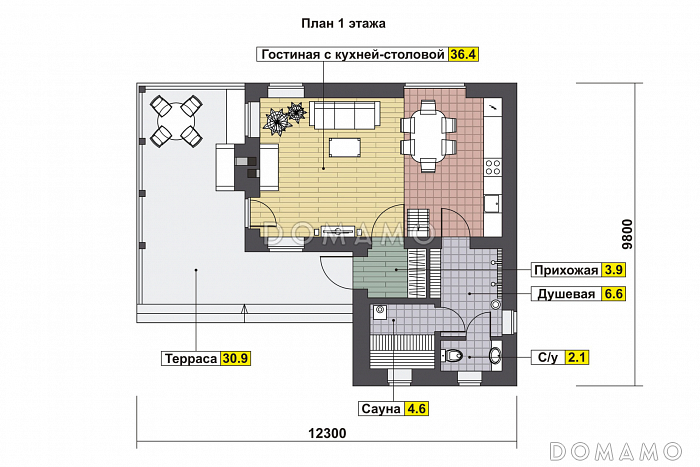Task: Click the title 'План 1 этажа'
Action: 343,22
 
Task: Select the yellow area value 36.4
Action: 462,55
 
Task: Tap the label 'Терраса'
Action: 190,357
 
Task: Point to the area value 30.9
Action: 236,357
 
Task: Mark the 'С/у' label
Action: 547,356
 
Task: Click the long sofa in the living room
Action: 344,115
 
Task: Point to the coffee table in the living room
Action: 345,148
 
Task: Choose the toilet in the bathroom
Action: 454,355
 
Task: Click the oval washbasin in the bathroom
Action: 495,355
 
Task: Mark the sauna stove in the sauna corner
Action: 380,311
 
